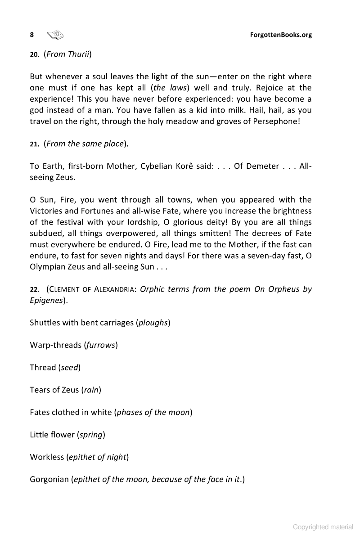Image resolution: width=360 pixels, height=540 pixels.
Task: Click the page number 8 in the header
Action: pyautogui.click(x=32, y=35)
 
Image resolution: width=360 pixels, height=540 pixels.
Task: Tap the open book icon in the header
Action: pyautogui.click(x=56, y=35)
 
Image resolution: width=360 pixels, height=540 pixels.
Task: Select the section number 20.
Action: pyautogui.click(x=35, y=55)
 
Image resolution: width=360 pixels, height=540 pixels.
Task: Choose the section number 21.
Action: pyautogui.click(x=35, y=144)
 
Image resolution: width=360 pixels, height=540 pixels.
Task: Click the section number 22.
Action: pyautogui.click(x=35, y=289)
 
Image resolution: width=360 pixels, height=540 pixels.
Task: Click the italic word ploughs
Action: pyautogui.click(x=153, y=323)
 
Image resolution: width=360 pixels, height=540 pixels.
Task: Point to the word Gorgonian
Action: pyautogui.click(x=49, y=479)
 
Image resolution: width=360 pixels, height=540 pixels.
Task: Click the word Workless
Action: pyautogui.click(x=47, y=457)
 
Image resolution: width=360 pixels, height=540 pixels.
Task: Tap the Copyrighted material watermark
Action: pyautogui.click(x=323, y=527)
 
